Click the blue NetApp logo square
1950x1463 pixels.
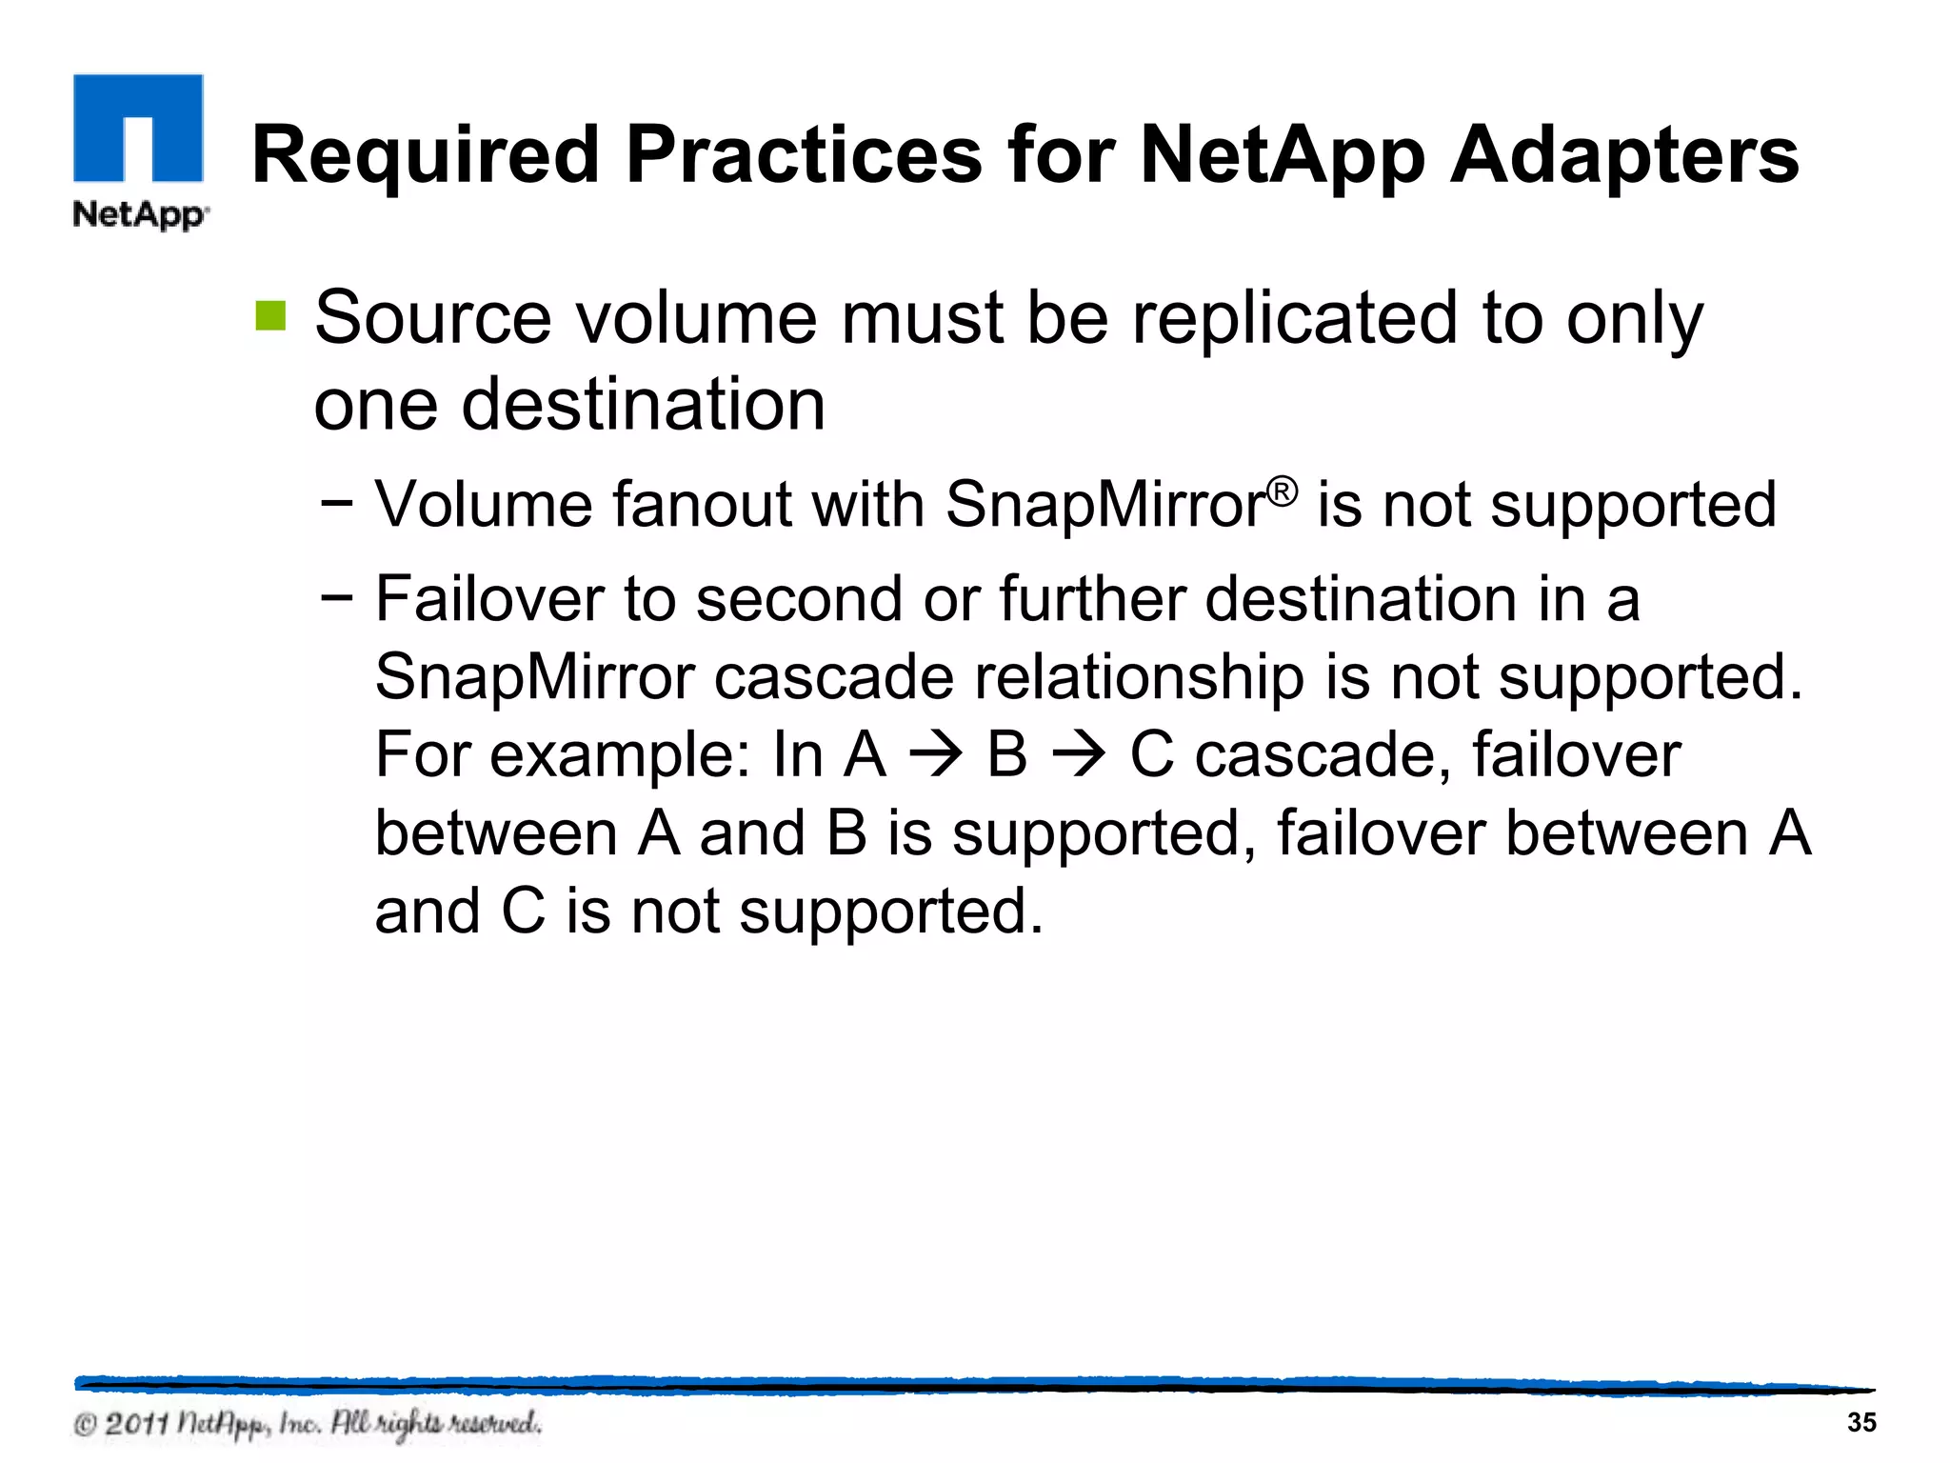click(x=138, y=129)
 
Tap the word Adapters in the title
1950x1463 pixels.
click(x=1623, y=156)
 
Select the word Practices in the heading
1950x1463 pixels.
click(x=804, y=156)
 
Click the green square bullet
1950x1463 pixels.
click(x=270, y=316)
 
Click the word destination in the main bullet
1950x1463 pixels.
click(x=643, y=404)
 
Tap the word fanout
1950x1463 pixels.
click(x=701, y=504)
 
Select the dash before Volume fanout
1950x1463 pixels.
click(x=337, y=502)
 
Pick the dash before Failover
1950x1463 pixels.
click(x=337, y=598)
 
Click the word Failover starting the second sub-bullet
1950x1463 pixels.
click(x=489, y=599)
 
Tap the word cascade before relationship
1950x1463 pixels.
click(x=834, y=677)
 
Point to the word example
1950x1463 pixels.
click(x=608, y=756)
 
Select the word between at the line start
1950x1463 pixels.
click(x=496, y=834)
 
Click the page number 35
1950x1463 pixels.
click(x=1860, y=1422)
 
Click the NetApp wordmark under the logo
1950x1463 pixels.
click(x=140, y=214)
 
